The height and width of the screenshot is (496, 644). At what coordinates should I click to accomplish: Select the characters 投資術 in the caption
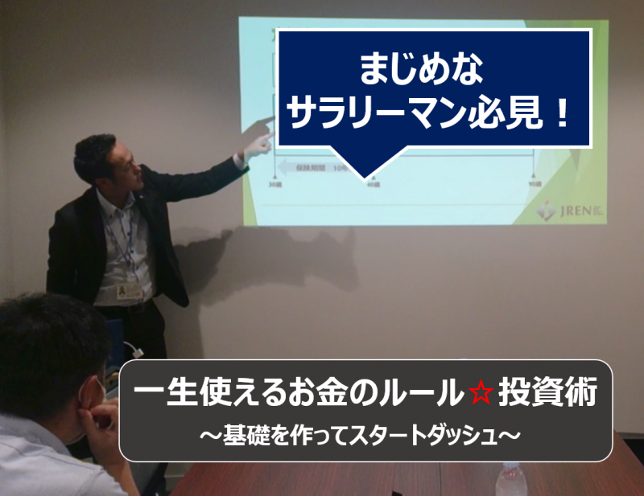pyautogui.click(x=547, y=395)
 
